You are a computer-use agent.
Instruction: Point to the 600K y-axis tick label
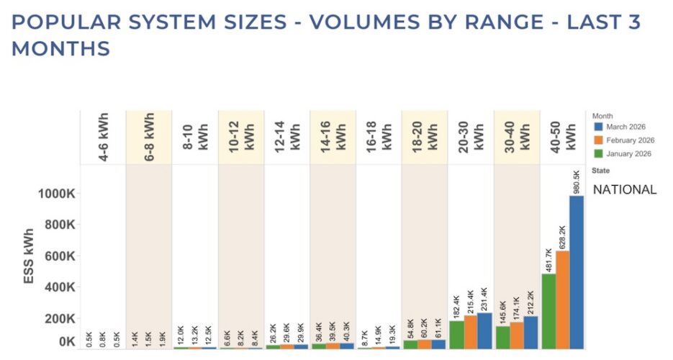click(x=62, y=256)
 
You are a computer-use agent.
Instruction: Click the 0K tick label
click(x=67, y=341)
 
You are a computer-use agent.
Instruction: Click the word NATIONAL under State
click(x=624, y=190)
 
